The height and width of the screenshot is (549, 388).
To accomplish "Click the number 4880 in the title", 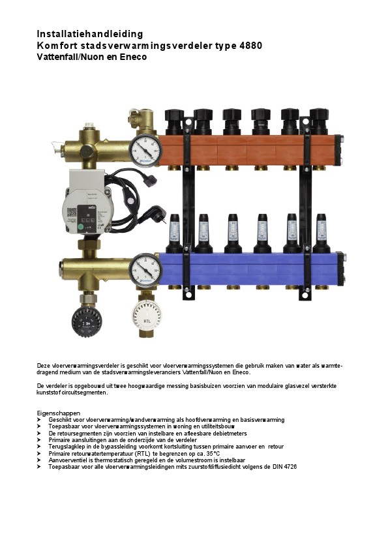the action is [x=250, y=46].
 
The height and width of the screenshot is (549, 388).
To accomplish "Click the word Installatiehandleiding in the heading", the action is [x=89, y=34].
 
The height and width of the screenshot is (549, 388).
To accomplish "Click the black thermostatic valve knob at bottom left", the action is [x=87, y=321].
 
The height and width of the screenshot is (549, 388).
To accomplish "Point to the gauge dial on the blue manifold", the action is [x=145, y=269].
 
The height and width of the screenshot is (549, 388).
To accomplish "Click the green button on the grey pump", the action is [x=81, y=228].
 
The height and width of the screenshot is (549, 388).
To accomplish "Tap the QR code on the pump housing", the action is [x=72, y=212].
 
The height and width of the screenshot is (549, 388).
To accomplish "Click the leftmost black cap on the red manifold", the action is [x=174, y=121].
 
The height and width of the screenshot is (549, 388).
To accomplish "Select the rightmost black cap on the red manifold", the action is [x=319, y=121].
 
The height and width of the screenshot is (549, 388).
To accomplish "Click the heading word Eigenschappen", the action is [x=59, y=413].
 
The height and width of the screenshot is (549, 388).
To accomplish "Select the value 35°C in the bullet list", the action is [x=212, y=453].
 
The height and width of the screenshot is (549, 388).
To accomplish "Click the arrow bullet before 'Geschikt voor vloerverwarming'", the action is [x=39, y=420].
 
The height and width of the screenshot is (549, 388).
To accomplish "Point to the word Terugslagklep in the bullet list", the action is [x=65, y=447].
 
